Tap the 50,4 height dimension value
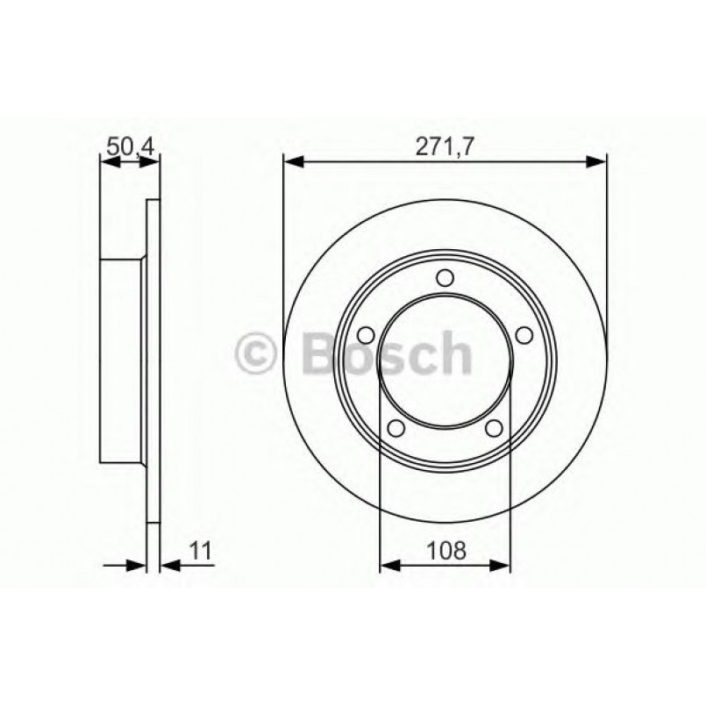click(130, 146)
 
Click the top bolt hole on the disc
click(445, 279)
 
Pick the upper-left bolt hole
click(367, 335)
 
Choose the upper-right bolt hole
click(524, 335)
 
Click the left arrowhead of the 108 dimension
click(387, 565)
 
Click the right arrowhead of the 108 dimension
click(503, 565)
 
